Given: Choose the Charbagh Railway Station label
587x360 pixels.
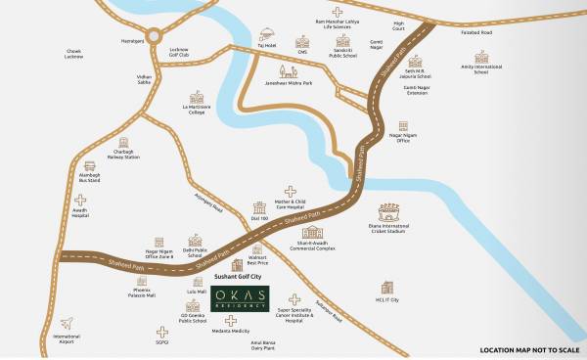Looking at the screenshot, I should (118, 155).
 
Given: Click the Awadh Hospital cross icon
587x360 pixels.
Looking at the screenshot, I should (80, 202).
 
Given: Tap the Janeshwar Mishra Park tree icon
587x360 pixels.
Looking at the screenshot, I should (282, 71).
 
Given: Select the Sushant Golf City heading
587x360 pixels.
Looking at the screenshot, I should (241, 279).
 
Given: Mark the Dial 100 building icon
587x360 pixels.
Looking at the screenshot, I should (259, 208).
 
